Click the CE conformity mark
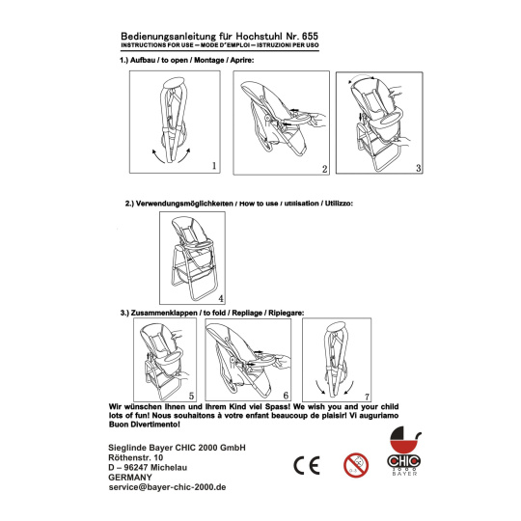pyautogui.click(x=307, y=465)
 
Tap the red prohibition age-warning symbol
pyautogui.click(x=356, y=465)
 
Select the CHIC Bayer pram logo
pyautogui.click(x=404, y=451)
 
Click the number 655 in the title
pyautogui.click(x=310, y=36)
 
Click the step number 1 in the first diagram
pyautogui.click(x=214, y=166)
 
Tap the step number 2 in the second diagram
pyautogui.click(x=324, y=169)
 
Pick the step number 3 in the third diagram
pyautogui.click(x=419, y=168)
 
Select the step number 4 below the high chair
pyautogui.click(x=221, y=298)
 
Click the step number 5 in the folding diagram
pyautogui.click(x=191, y=396)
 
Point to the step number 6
pyautogui.click(x=286, y=396)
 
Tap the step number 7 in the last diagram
pyautogui.click(x=367, y=397)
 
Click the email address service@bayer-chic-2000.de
pyautogui.click(x=167, y=487)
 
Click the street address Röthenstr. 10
pyautogui.click(x=136, y=457)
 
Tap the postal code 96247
pyautogui.click(x=136, y=468)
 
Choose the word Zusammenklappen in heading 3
pyautogui.click(x=164, y=313)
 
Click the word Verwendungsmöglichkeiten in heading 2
pyautogui.click(x=184, y=204)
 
